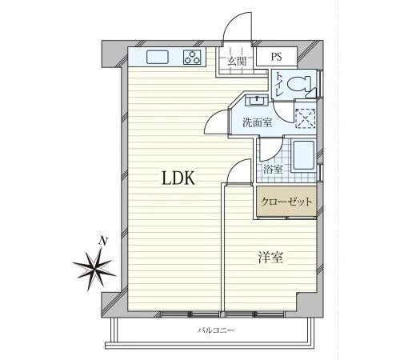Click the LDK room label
(178, 178)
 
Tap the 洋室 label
(270, 258)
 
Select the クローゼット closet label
(286, 202)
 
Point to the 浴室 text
(273, 170)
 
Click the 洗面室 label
(257, 122)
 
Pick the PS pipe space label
(277, 57)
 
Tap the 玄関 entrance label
(236, 62)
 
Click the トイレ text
(279, 84)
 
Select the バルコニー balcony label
(216, 330)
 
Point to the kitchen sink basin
(158, 57)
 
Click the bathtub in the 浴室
(304, 155)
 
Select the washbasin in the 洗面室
(257, 101)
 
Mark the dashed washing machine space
(306, 118)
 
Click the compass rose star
(94, 270)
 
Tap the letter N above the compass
(103, 241)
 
